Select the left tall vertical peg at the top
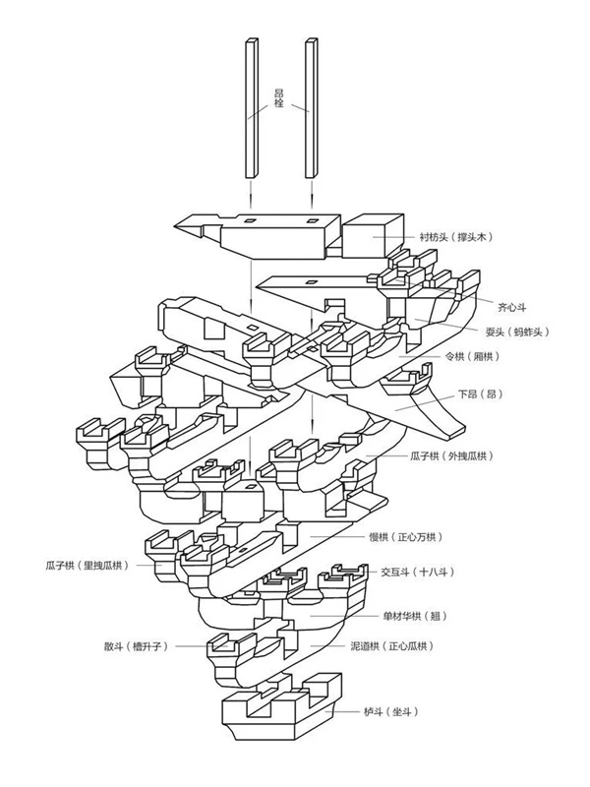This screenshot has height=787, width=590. [251, 108]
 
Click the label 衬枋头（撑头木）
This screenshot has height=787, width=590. [454, 237]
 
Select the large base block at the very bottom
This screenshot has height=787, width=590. [280, 708]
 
